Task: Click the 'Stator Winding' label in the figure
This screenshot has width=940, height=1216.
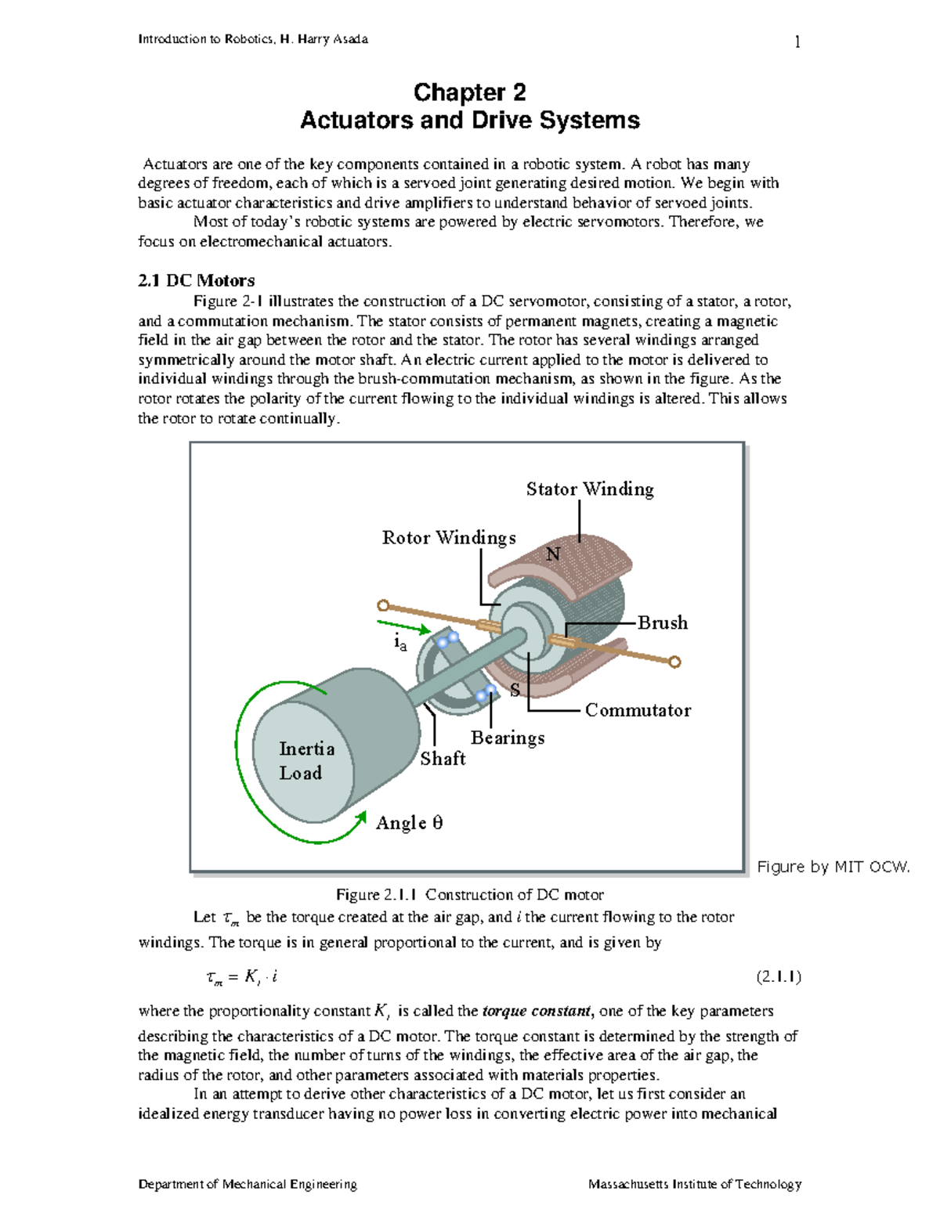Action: pyautogui.click(x=590, y=489)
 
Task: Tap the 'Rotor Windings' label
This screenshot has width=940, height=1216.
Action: pyautogui.click(x=449, y=538)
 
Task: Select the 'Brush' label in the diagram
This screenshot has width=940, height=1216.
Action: pyautogui.click(x=663, y=623)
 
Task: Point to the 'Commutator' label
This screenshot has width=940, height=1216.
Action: pyautogui.click(x=638, y=710)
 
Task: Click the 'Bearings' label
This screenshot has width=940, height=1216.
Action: pyautogui.click(x=508, y=738)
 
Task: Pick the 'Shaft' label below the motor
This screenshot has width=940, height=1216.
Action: pyautogui.click(x=443, y=759)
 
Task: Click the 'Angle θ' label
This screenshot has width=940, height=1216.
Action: pyautogui.click(x=409, y=823)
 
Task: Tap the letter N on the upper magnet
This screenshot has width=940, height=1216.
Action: pyautogui.click(x=553, y=554)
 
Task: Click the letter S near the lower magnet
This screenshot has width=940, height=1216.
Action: pyautogui.click(x=515, y=690)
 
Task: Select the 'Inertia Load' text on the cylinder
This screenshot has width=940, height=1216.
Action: pyautogui.click(x=306, y=761)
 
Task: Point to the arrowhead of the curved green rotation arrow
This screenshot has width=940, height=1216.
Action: pyautogui.click(x=361, y=818)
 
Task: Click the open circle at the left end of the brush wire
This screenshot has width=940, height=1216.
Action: pyautogui.click(x=383, y=605)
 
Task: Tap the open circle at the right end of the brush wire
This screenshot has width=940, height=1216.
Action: pyautogui.click(x=675, y=662)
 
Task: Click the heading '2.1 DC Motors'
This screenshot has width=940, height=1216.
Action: pyautogui.click(x=197, y=280)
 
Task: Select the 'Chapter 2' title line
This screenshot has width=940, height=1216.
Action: pyautogui.click(x=470, y=92)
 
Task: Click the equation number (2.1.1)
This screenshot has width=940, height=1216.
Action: pyautogui.click(x=778, y=976)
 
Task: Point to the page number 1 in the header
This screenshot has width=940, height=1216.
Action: pyautogui.click(x=797, y=41)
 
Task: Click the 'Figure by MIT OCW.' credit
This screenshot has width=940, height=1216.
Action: pyautogui.click(x=833, y=867)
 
